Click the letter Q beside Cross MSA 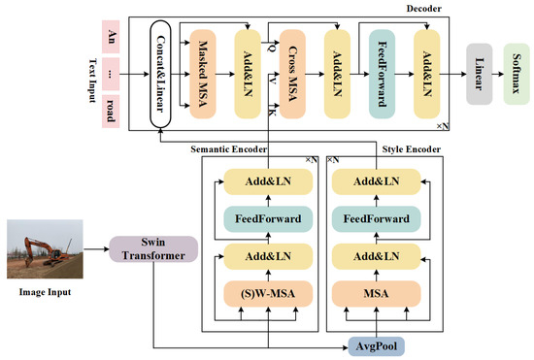[x=270, y=45]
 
